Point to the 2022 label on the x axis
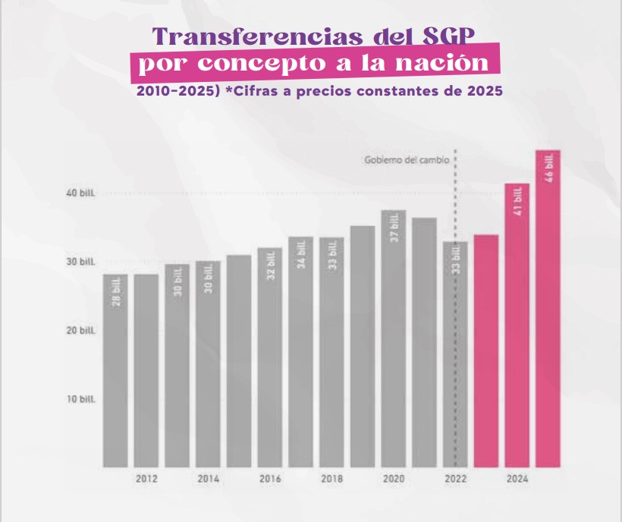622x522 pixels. pos(456,480)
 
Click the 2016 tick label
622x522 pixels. pos(270,480)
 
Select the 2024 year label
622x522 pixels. pos(517,480)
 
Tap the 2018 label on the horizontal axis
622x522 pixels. pos(331,480)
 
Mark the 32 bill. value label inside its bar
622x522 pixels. pos(271,265)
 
